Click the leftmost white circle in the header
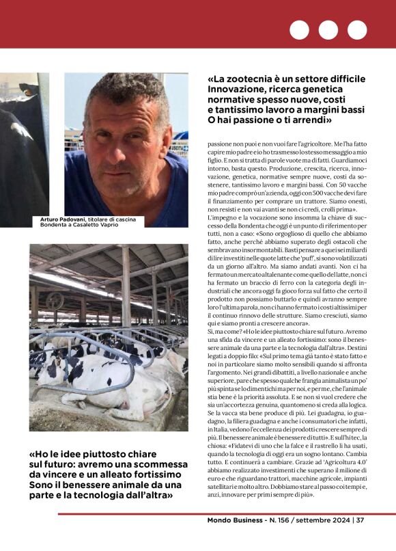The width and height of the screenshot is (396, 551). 299,30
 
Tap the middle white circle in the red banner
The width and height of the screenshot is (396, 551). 328,30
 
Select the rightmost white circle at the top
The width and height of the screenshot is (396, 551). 357,30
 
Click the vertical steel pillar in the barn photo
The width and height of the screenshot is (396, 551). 126,287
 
